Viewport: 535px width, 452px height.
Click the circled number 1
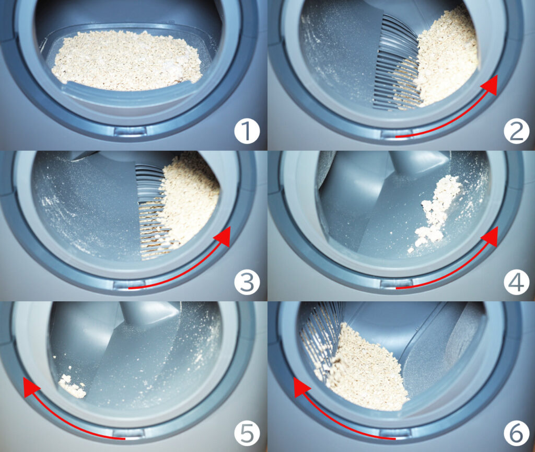247,131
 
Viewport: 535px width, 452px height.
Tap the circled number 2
516,131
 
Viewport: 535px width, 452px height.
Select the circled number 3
247,282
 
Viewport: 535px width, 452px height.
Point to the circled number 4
516,282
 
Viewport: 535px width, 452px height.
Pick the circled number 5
247,433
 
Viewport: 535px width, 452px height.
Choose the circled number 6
516,433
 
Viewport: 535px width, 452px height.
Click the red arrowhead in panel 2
490,84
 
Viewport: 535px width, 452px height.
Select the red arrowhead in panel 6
301,387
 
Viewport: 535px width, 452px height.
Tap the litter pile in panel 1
127,61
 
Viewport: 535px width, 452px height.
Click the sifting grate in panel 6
321,338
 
